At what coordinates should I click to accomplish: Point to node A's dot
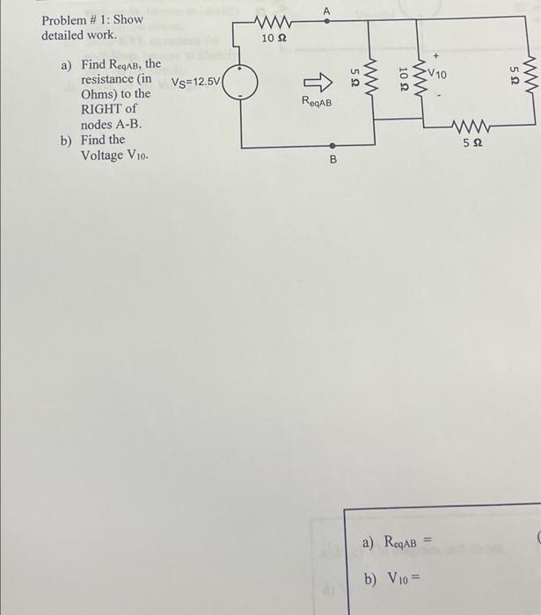[327, 21]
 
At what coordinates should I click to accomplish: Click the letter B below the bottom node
[333, 161]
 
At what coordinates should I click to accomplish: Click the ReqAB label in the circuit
[317, 102]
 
